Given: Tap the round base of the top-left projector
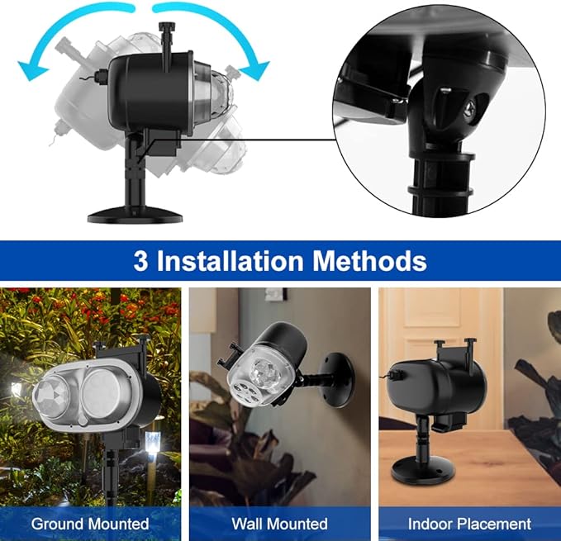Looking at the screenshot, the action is [135, 215].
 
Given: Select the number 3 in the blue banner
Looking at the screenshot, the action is [140, 260].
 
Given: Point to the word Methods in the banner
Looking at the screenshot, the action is [369, 260].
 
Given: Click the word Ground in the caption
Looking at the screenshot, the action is [58, 524].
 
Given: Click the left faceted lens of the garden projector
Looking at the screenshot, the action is [52, 397].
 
